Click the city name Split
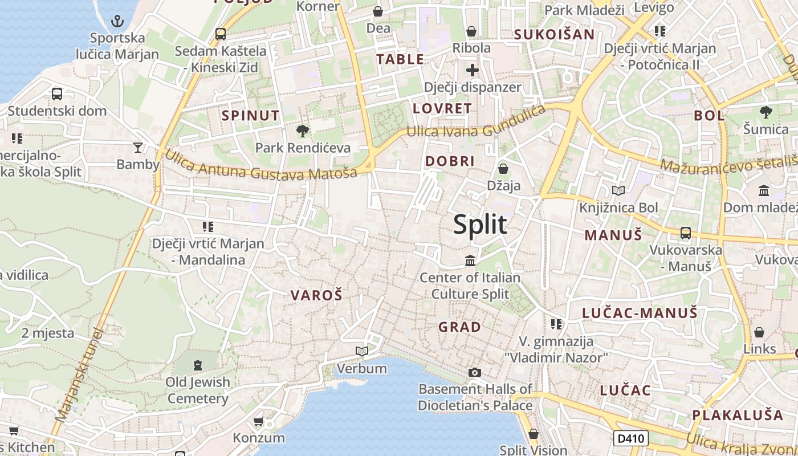pyautogui.click(x=480, y=225)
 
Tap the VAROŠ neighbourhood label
pyautogui.click(x=316, y=295)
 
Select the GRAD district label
pyautogui.click(x=459, y=327)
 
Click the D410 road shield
pyautogui.click(x=631, y=438)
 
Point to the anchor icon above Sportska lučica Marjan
pyautogui.click(x=117, y=22)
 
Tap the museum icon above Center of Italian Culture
pyautogui.click(x=470, y=261)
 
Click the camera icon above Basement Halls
pyautogui.click(x=474, y=372)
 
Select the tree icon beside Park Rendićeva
pyautogui.click(x=302, y=131)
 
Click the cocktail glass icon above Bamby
pyautogui.click(x=138, y=148)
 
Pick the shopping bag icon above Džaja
pyautogui.click(x=503, y=169)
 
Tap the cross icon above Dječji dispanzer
pyautogui.click(x=473, y=71)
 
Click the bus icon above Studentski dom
pyautogui.click(x=57, y=94)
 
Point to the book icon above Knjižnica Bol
pyautogui.click(x=618, y=191)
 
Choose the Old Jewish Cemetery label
pyautogui.click(x=198, y=390)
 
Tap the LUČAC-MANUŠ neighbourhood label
pyautogui.click(x=640, y=312)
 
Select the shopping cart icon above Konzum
pyautogui.click(x=258, y=422)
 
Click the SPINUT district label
pyautogui.click(x=251, y=116)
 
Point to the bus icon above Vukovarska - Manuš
pyautogui.click(x=686, y=233)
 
